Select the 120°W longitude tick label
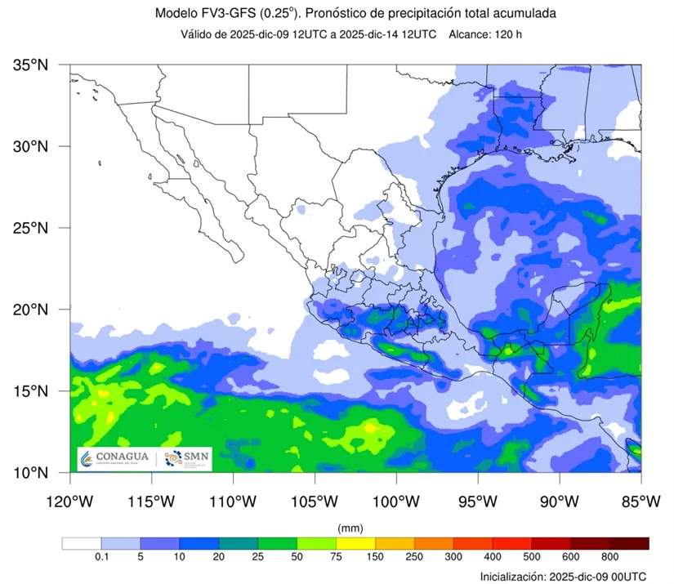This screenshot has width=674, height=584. (69, 499)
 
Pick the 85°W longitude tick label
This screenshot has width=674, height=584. (640, 499)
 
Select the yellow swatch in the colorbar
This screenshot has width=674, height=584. (355, 543)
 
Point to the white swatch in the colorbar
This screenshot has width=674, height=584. (82, 543)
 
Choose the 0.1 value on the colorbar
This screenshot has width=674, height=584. (101, 558)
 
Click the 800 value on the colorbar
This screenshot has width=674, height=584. (609, 558)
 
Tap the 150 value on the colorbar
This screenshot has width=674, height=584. (375, 558)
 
